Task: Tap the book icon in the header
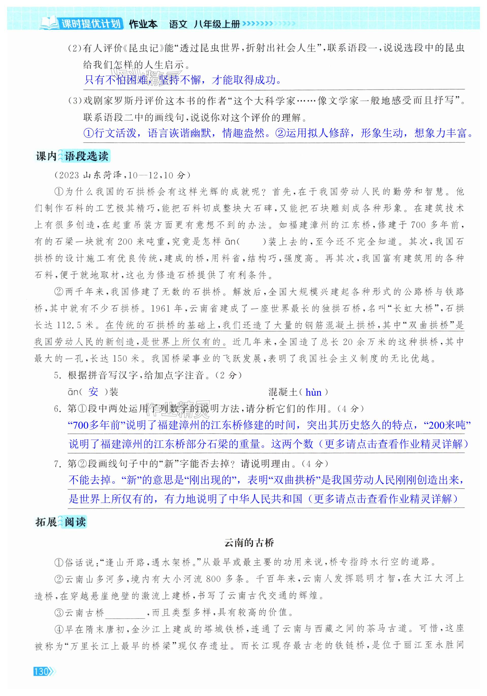49,23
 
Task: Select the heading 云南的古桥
249,542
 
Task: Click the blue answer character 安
93,392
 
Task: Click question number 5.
58,375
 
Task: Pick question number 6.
58,409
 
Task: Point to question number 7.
58,463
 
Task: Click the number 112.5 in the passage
69,325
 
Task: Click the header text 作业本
143,24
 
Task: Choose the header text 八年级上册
217,24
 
